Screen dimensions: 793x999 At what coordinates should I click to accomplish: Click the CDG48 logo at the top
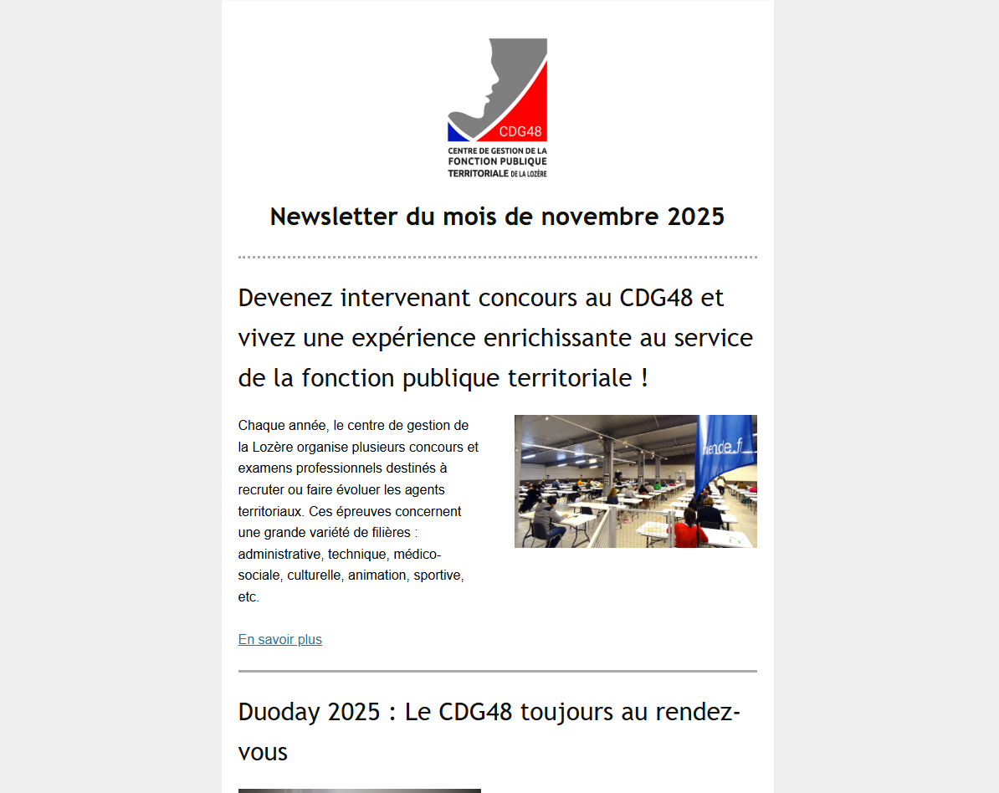(x=497, y=107)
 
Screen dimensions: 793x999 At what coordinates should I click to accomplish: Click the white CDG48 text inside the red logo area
(x=520, y=131)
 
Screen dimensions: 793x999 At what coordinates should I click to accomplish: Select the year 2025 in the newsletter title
(x=695, y=217)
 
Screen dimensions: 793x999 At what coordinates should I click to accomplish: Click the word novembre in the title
(x=601, y=217)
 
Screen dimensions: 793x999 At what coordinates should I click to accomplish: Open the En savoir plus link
(x=279, y=640)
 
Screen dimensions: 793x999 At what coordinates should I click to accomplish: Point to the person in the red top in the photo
(x=691, y=530)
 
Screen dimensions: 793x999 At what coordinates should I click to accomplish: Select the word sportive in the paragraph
(x=438, y=576)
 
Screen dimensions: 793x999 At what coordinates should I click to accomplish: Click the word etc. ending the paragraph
(x=248, y=597)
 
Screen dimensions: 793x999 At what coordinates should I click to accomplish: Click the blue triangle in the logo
(x=457, y=132)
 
